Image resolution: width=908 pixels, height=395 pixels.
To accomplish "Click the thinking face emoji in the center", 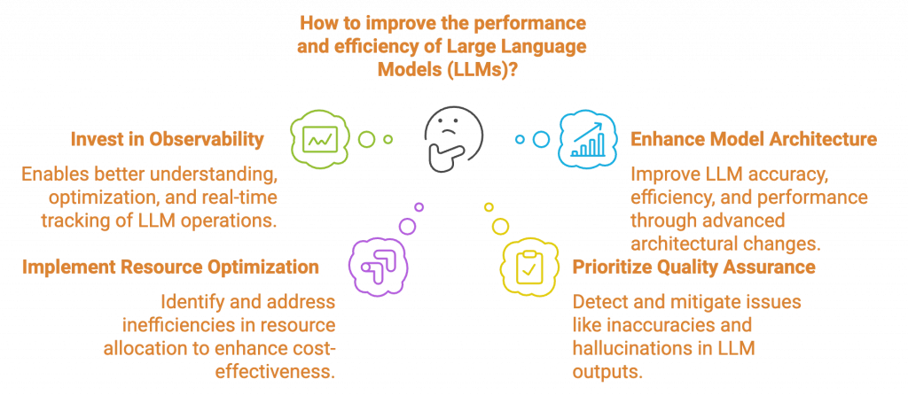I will click(453, 138).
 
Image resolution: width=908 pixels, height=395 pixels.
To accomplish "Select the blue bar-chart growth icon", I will click(586, 139).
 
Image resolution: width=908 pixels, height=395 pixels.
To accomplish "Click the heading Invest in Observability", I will click(167, 139).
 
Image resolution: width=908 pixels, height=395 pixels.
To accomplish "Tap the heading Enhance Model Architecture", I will click(754, 139).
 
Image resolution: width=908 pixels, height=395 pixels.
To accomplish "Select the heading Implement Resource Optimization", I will click(169, 267).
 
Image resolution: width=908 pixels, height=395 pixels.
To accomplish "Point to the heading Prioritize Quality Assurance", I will click(694, 267).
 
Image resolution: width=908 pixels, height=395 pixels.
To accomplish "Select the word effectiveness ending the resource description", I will click(275, 369).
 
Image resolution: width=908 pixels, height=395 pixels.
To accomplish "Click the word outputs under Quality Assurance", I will click(607, 370).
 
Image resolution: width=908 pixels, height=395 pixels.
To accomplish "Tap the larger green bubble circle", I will click(367, 139).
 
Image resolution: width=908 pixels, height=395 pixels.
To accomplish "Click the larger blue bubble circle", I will click(541, 139).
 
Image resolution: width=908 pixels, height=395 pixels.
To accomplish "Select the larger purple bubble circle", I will click(407, 226).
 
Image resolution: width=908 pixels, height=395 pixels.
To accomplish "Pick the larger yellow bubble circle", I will click(500, 226).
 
